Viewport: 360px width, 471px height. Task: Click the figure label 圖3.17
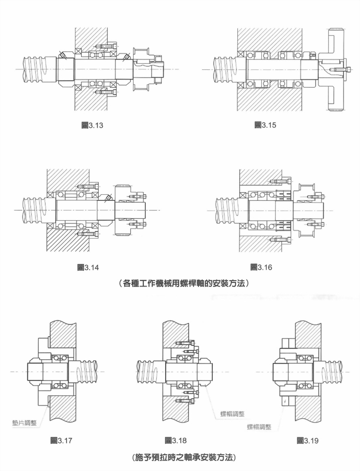[x=61, y=441]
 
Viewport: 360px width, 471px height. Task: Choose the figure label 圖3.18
[x=176, y=441]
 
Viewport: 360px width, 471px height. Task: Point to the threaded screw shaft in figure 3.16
[x=226, y=209]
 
